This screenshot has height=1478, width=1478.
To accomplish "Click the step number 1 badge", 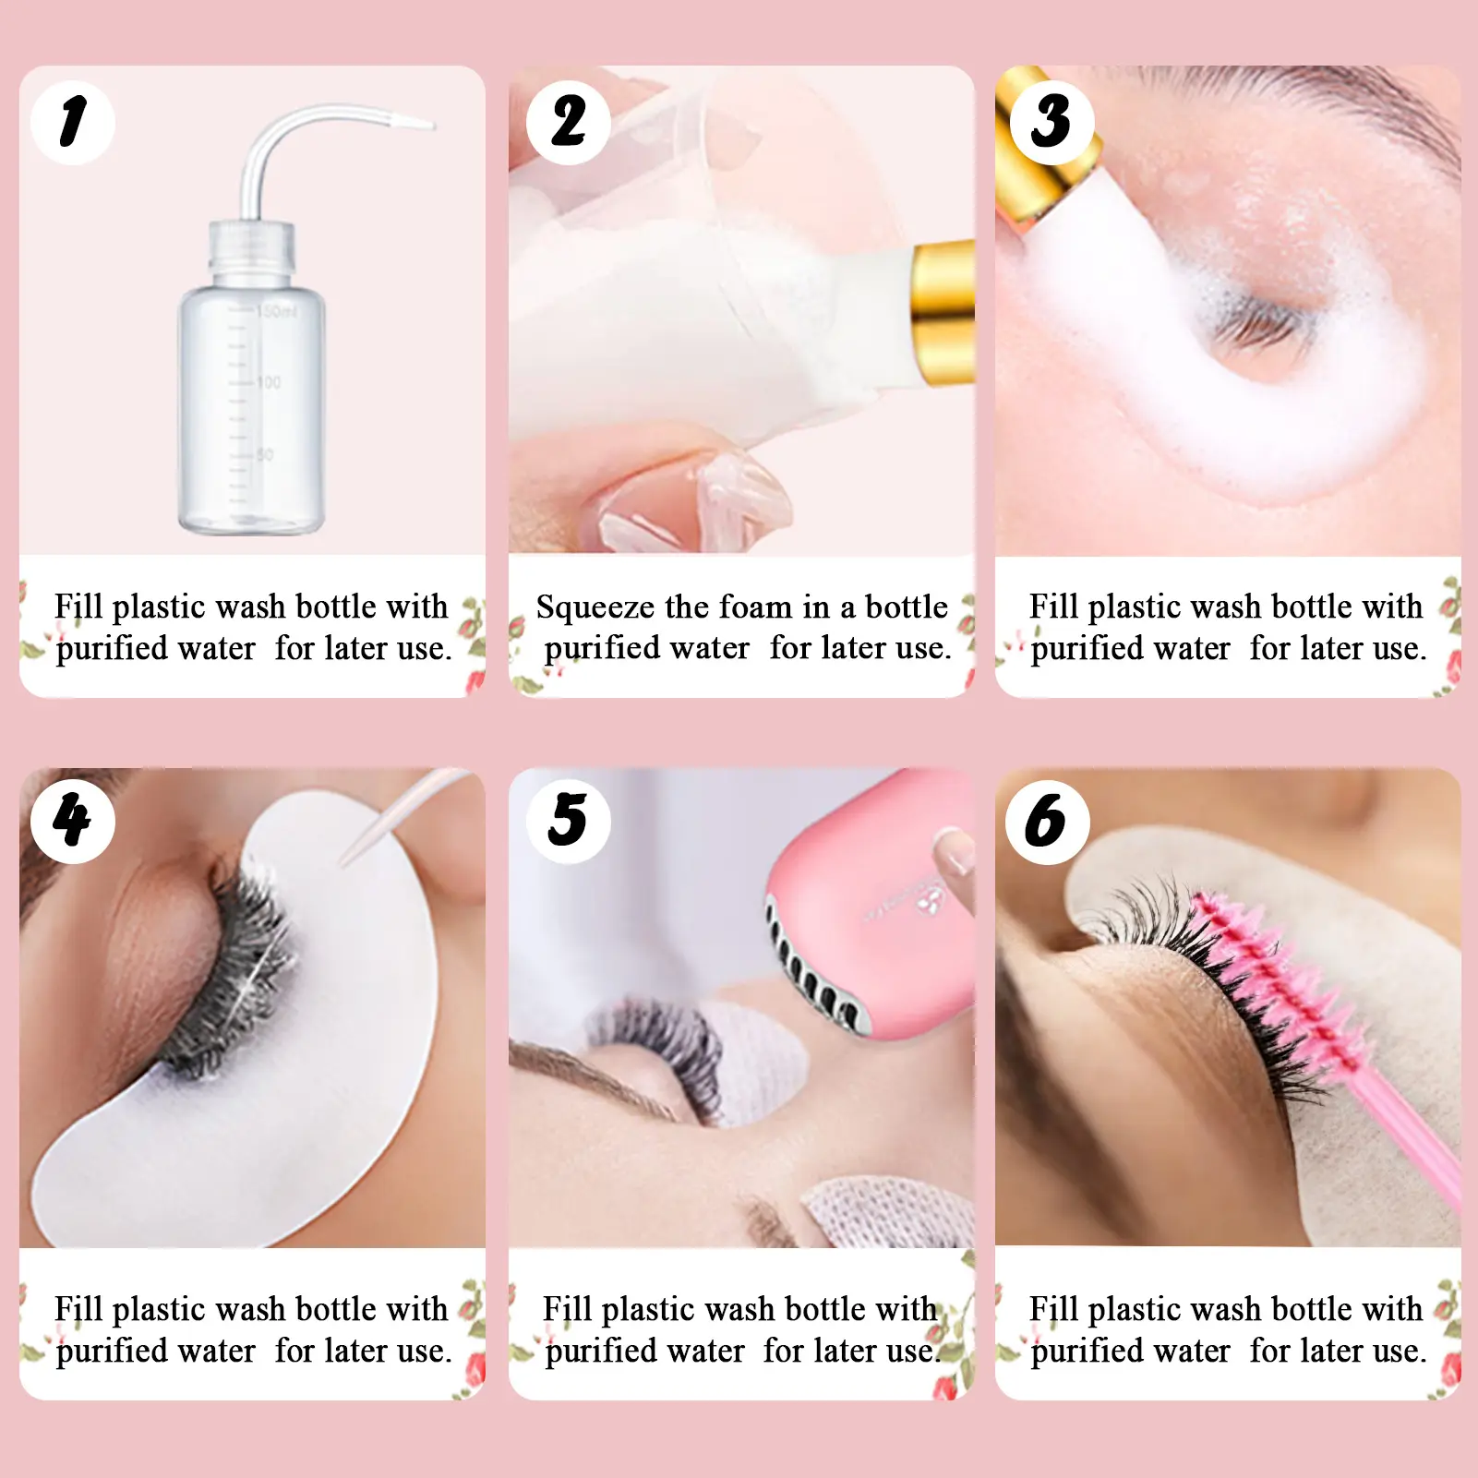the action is [x=73, y=123].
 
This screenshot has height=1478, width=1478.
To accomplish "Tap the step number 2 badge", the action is [x=569, y=123].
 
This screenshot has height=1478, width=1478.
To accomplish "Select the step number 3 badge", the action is [x=1052, y=123].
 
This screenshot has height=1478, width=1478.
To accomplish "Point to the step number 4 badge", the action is [x=73, y=821].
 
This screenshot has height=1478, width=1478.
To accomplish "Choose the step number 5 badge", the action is [x=569, y=821].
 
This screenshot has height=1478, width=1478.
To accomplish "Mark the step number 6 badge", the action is [x=1047, y=821].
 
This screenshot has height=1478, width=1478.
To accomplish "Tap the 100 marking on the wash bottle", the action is [x=269, y=381].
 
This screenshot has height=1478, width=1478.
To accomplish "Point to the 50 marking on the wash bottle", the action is [x=265, y=454].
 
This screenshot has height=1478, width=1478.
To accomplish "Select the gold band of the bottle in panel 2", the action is [x=943, y=311].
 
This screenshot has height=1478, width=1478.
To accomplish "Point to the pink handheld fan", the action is [x=868, y=905].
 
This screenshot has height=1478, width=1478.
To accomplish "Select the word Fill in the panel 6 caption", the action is [x=1053, y=1309].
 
